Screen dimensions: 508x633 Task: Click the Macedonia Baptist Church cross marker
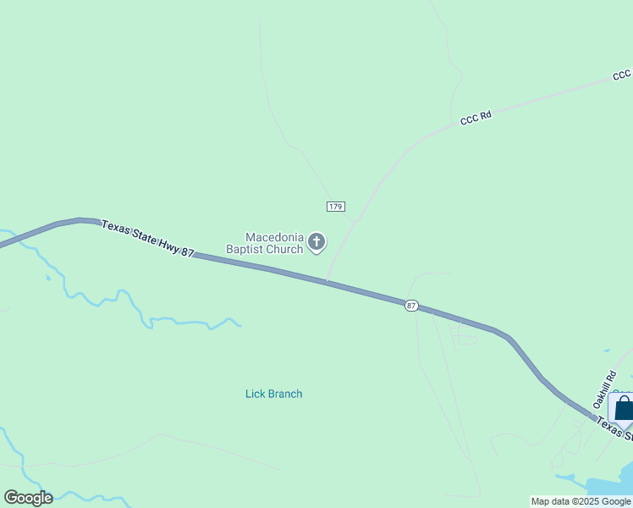coord(316,243)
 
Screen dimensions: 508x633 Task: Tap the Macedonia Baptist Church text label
coord(264,243)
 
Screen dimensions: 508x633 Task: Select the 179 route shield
coord(335,207)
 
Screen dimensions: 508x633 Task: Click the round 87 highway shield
coord(411,305)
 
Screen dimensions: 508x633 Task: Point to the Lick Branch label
coord(273,394)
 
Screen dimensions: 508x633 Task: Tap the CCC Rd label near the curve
coord(476,119)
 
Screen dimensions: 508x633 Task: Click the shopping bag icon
coord(624,409)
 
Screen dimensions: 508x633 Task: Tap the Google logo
coord(28,498)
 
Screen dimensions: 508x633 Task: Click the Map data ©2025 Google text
coord(581,501)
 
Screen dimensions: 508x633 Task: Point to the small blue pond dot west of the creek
coord(48,277)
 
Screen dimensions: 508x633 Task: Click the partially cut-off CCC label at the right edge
coord(622,76)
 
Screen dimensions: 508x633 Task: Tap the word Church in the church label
coord(285,249)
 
